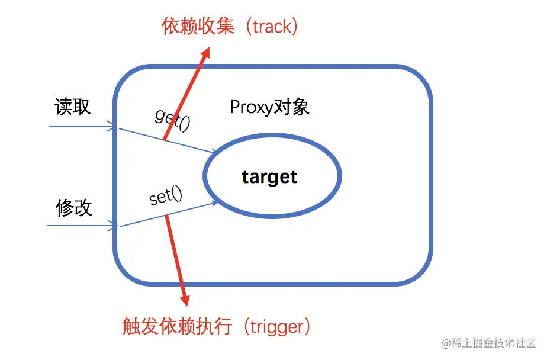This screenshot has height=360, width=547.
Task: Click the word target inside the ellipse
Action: click(269, 176)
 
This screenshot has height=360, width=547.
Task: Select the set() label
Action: click(166, 196)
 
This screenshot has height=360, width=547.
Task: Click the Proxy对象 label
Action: click(269, 107)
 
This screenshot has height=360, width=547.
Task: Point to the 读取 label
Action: click(73, 107)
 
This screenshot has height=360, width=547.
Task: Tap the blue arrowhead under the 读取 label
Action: click(111, 126)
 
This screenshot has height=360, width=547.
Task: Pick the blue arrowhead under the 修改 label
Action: click(111, 225)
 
